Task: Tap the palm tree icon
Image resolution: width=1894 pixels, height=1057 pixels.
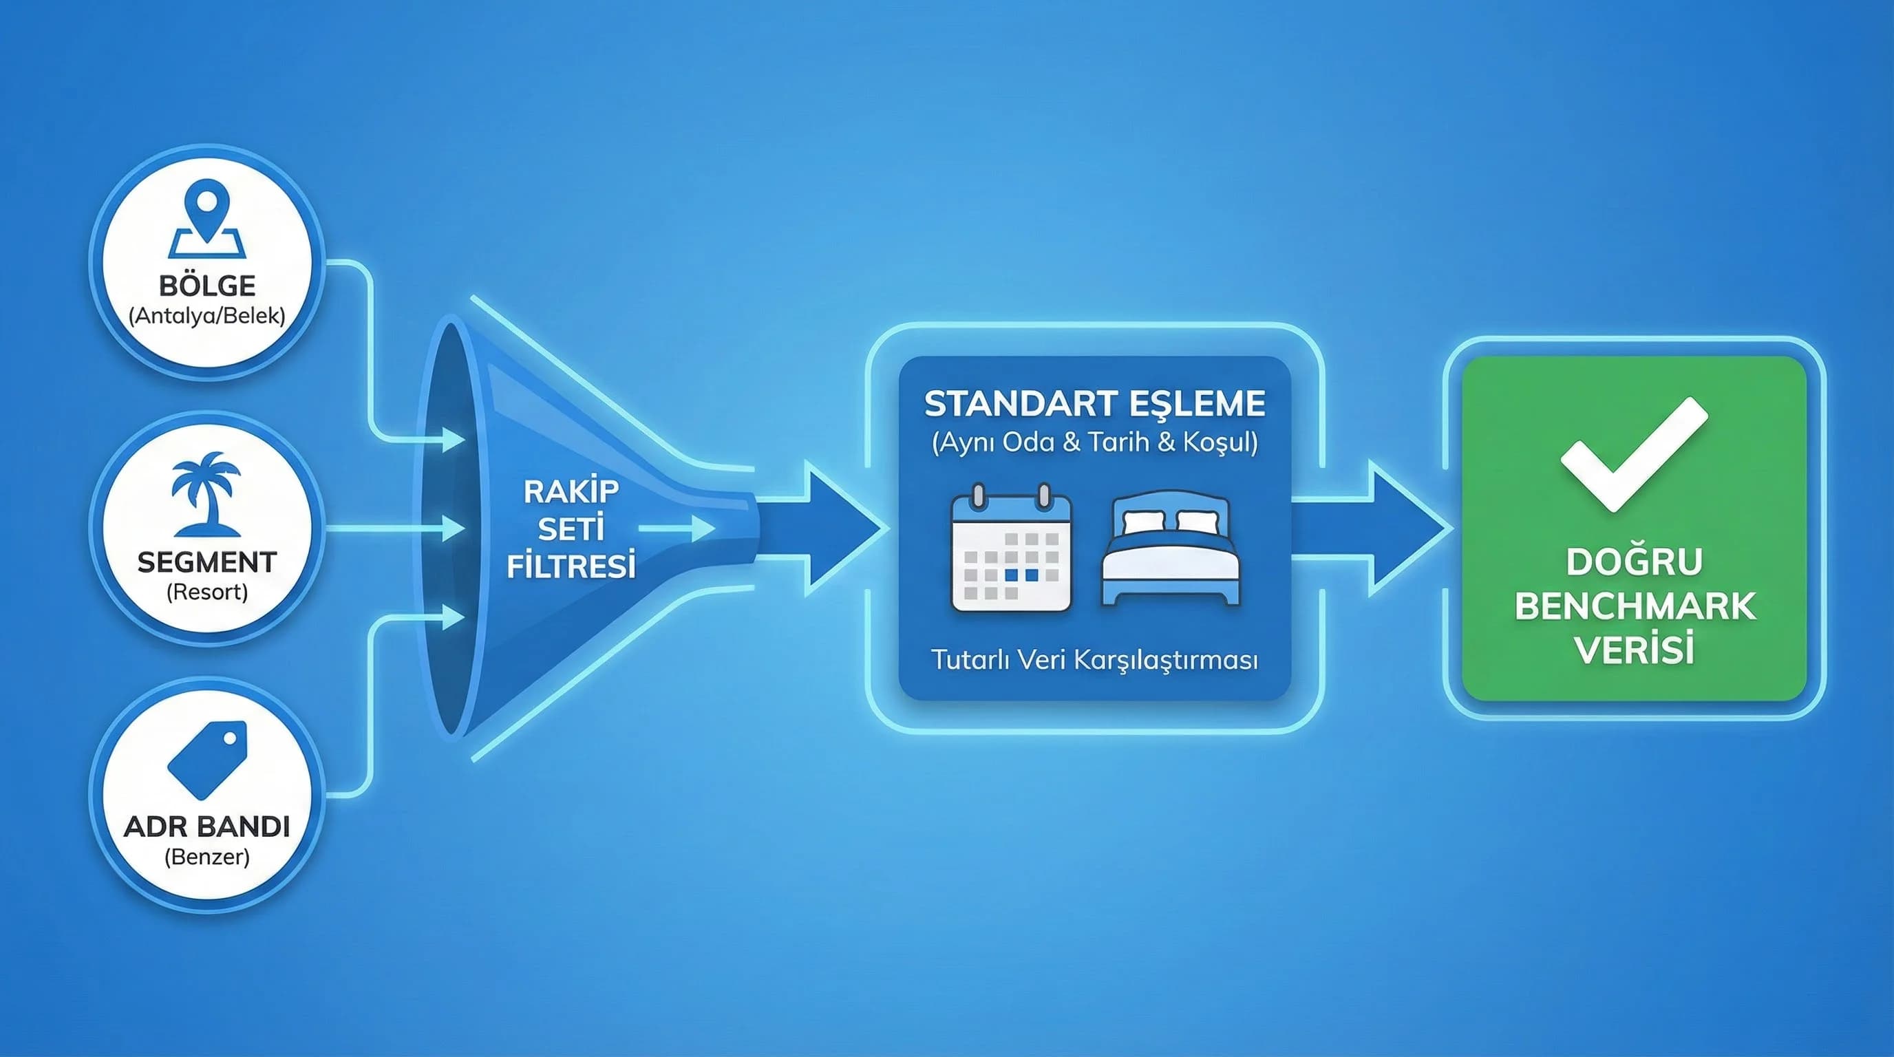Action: pyautogui.click(x=206, y=493)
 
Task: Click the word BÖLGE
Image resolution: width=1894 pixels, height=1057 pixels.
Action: pyautogui.click(x=206, y=285)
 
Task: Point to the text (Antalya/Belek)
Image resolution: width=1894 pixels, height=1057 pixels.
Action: pyautogui.click(x=206, y=316)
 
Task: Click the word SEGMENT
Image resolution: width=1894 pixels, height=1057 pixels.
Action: pyautogui.click(x=206, y=562)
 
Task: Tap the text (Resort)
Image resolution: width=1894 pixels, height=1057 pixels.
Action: pyautogui.click(x=206, y=592)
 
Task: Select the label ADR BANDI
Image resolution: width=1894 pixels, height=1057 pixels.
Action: pyautogui.click(x=206, y=827)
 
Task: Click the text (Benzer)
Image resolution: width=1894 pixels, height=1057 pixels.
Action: pyautogui.click(x=206, y=857)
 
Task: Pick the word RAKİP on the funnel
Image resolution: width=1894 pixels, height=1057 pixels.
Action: pyautogui.click(x=571, y=492)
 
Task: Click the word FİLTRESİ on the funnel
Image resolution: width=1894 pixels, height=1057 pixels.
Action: pyautogui.click(x=571, y=567)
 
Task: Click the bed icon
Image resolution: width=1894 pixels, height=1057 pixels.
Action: pyautogui.click(x=1171, y=550)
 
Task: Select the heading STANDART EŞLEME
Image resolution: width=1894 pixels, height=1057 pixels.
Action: pyautogui.click(x=1095, y=403)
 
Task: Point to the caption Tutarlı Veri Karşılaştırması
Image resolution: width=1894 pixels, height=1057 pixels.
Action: pyautogui.click(x=1095, y=659)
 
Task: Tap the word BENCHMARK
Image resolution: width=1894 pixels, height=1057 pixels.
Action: pyautogui.click(x=1635, y=606)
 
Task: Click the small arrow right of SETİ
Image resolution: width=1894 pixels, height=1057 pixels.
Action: pyautogui.click(x=677, y=528)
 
